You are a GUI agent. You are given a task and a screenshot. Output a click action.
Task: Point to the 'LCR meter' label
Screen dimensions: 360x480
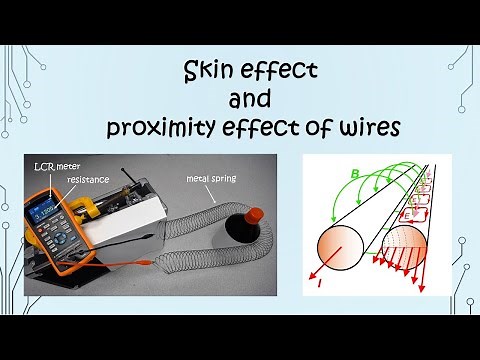[x=49, y=163]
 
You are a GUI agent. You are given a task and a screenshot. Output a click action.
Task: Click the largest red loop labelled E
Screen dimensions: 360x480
[x=411, y=212]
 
